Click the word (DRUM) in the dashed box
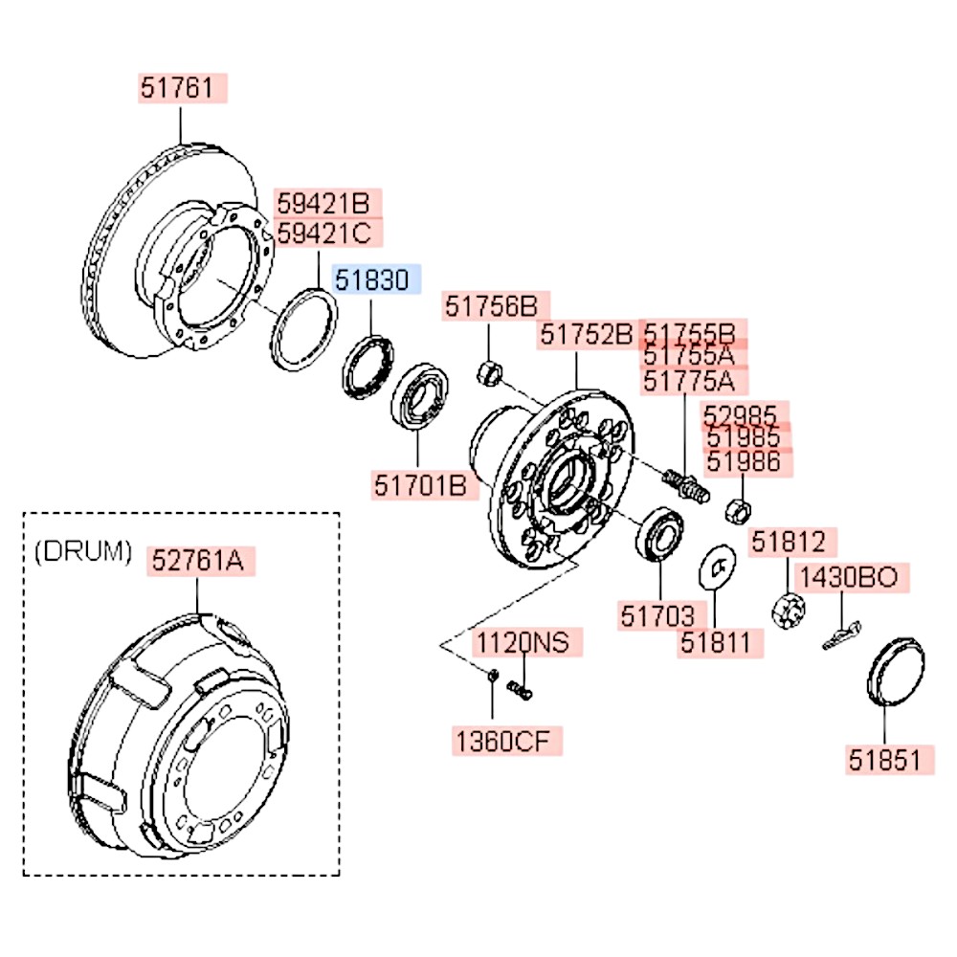[83, 552]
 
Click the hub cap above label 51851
[896, 672]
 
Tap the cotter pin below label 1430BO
[841, 636]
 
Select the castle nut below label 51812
[789, 611]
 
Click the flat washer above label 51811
[717, 567]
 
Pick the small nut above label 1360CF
[493, 676]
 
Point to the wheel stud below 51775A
[686, 485]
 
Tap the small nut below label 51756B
[489, 373]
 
